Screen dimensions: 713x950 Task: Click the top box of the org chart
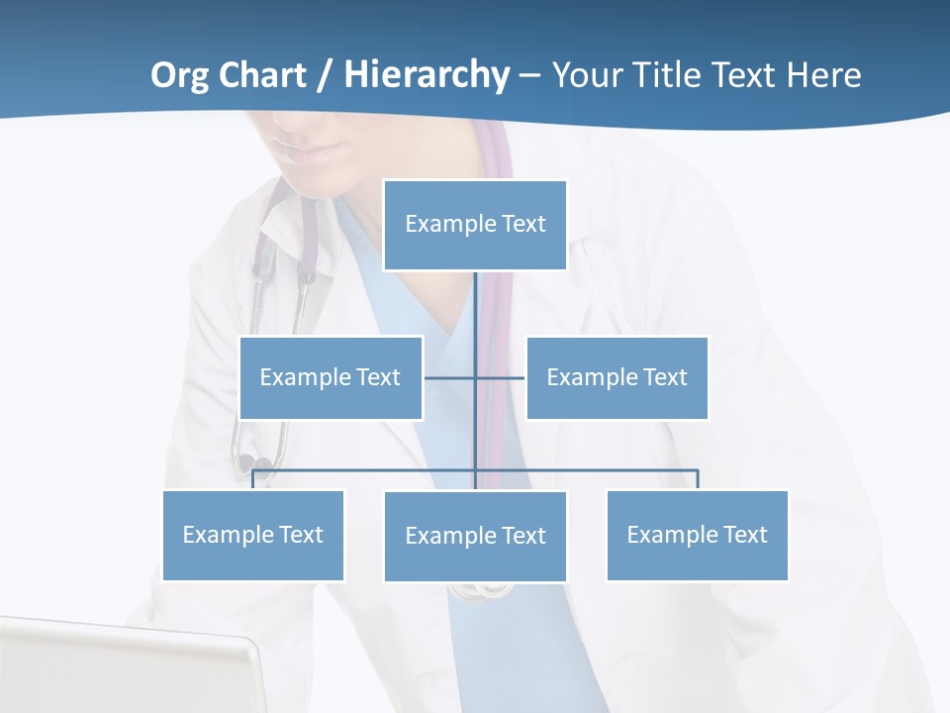click(x=475, y=225)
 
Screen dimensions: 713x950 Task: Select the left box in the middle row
click(x=331, y=377)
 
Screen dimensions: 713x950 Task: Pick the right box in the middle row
click(x=617, y=377)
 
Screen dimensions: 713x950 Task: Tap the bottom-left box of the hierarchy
click(x=252, y=535)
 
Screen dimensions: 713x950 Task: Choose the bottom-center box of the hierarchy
click(x=475, y=536)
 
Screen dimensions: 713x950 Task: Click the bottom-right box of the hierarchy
click(x=697, y=535)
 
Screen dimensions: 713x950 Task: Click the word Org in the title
click(x=180, y=75)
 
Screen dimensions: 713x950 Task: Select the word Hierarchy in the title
click(x=427, y=75)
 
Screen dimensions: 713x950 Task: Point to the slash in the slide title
click(x=326, y=75)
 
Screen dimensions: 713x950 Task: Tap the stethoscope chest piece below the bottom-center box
click(x=483, y=591)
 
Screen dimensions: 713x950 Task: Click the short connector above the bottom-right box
click(x=697, y=479)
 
